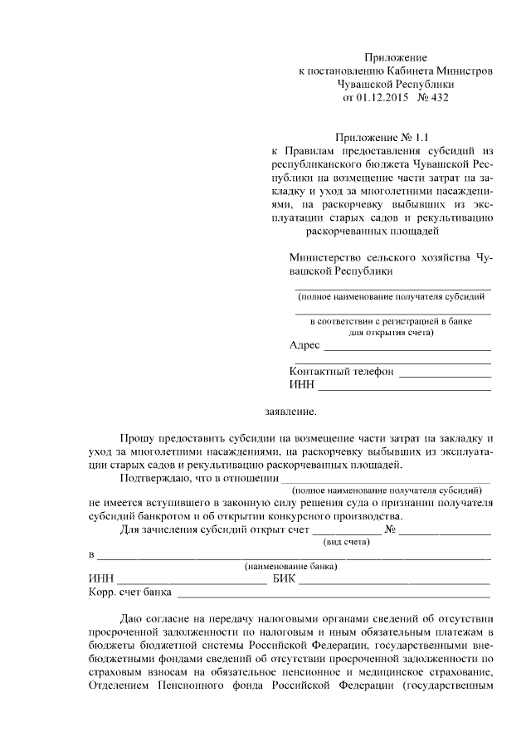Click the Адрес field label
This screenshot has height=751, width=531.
(304, 345)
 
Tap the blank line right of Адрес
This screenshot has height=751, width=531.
(407, 347)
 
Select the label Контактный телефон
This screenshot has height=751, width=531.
(341, 372)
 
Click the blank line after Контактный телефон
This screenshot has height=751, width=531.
(444, 373)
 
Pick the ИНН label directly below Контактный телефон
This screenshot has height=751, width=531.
(301, 385)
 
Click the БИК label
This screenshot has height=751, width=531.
(284, 579)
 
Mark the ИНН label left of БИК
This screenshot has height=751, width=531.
(100, 579)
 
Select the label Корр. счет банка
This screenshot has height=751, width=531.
(130, 593)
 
